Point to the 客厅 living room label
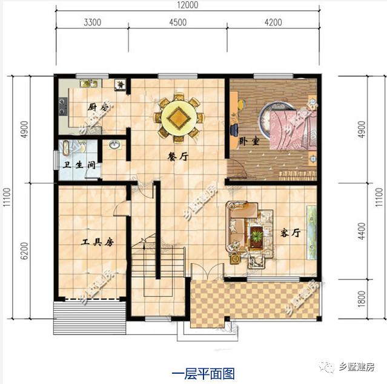click(291, 233)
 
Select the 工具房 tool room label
click(98, 242)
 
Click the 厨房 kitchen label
click(98, 107)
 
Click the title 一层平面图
click(194, 372)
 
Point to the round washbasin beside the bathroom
click(114, 146)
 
